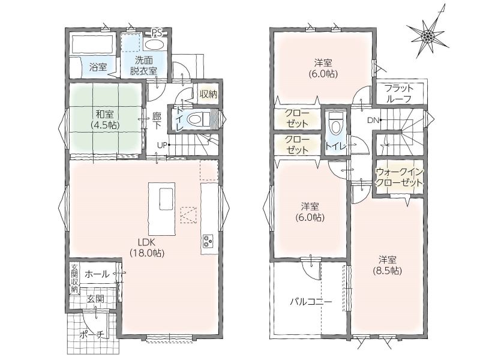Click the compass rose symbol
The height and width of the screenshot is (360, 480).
tap(428, 36)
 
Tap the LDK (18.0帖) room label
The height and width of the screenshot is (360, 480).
tap(147, 248)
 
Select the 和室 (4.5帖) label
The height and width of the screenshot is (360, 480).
tap(105, 119)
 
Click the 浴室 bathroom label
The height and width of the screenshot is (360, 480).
tap(98, 67)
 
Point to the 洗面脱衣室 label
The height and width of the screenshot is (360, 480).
tap(144, 65)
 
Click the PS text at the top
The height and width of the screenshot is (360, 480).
tap(157, 33)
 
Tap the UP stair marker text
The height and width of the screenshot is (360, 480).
tap(162, 145)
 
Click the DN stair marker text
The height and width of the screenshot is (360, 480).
tap(373, 121)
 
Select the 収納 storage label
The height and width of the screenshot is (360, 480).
tap(208, 94)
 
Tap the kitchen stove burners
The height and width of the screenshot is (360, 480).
tap(208, 240)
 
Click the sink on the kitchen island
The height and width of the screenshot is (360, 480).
tap(166, 199)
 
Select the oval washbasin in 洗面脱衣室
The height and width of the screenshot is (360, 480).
tap(155, 44)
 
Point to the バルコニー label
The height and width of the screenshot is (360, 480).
tap(311, 302)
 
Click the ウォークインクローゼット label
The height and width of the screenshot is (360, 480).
tap(400, 177)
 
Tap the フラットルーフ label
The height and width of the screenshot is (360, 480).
tap(399, 94)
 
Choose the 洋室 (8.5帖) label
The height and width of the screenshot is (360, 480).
tap(387, 265)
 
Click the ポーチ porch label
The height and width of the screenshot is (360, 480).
tap(92, 335)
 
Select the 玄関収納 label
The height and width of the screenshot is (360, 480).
tap(74, 278)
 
